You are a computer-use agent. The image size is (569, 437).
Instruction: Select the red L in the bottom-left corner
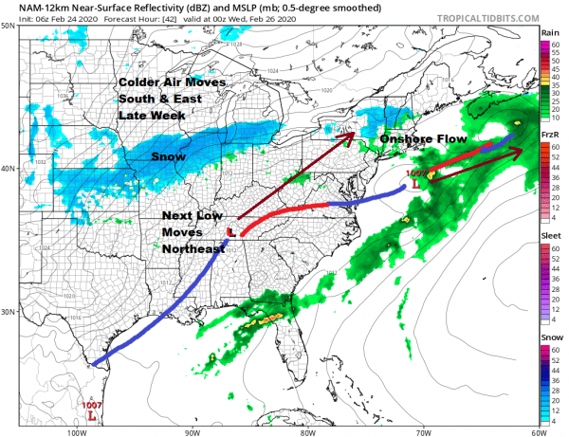[x=91, y=415]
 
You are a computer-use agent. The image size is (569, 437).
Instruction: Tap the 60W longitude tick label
[x=538, y=431]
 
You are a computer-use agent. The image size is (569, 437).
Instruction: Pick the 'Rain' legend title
[x=550, y=33]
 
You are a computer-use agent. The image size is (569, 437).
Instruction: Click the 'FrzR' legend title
[x=550, y=136]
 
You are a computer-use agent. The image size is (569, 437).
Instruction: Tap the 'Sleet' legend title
[x=550, y=236]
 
